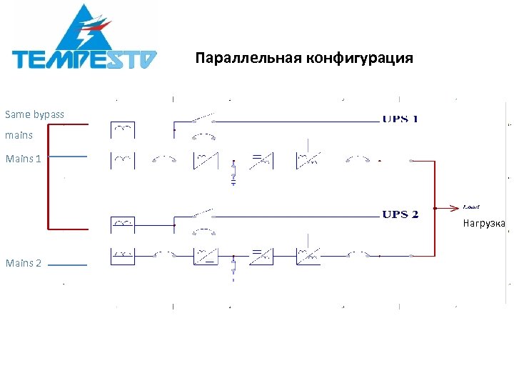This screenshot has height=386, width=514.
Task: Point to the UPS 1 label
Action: [400, 119]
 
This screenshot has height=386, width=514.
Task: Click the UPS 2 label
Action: [400, 214]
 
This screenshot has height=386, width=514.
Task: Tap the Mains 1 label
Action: [23, 159]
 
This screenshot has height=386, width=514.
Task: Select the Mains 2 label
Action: [23, 263]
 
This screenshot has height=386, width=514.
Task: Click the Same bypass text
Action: [34, 114]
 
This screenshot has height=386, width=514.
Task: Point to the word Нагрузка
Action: [483, 224]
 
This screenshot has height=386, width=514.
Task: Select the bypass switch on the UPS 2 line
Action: [203, 214]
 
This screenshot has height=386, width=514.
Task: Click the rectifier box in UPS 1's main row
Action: [204, 160]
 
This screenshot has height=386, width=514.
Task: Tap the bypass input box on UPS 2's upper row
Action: [123, 224]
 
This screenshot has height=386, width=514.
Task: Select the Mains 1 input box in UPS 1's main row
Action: [123, 160]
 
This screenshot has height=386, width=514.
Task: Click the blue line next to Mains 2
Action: [67, 264]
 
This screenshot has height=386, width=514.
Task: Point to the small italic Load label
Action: [470, 207]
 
